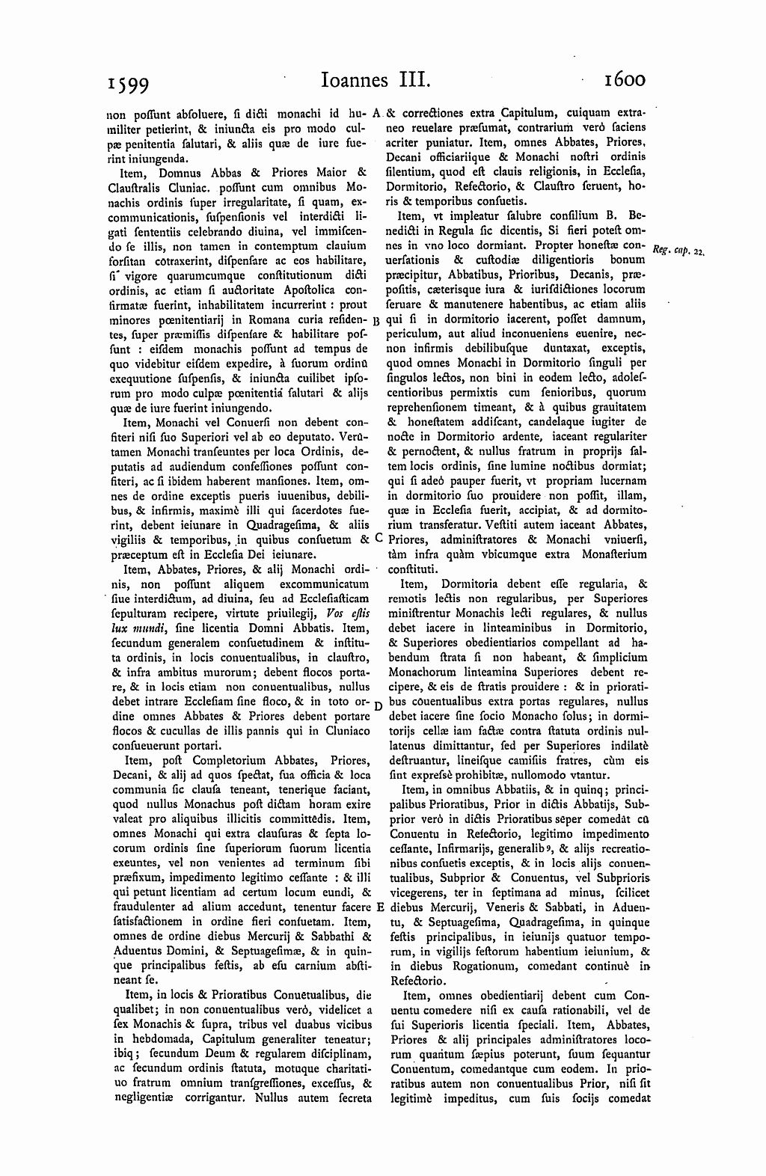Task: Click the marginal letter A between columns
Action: [377, 114]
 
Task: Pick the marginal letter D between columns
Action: [378, 705]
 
